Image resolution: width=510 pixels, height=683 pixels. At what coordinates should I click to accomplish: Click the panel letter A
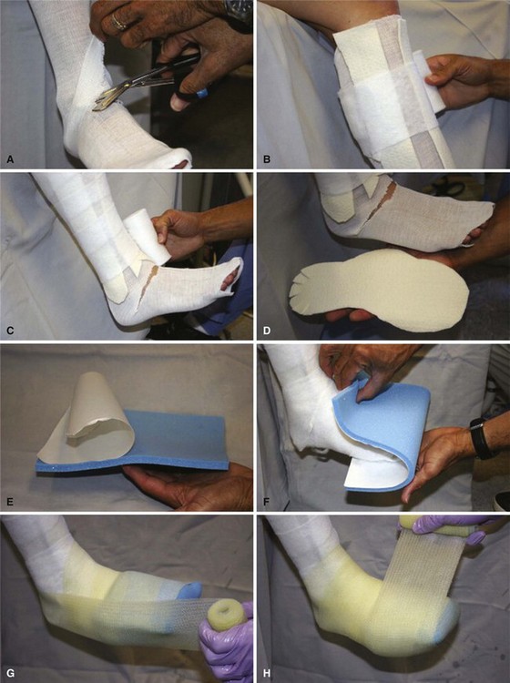pos(11,159)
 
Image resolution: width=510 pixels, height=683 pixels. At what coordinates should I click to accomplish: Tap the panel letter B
pos(268,159)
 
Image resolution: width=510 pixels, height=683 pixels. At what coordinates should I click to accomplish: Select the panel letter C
pos(11,331)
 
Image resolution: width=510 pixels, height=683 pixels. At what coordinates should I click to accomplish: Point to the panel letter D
pos(268,331)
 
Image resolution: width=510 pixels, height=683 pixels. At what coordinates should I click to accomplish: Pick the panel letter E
pos(11,502)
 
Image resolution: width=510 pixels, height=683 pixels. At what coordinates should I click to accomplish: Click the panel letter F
pos(268,502)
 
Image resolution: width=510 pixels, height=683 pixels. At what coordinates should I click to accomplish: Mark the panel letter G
pos(11,673)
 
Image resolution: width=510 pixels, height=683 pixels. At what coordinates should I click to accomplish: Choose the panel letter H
pos(268,673)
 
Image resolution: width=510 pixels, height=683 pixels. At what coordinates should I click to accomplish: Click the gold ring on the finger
pos(118,21)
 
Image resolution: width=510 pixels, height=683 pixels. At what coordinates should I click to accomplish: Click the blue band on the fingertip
pos(200,94)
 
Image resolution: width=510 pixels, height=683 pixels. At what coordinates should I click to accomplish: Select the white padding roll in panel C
pos(144,240)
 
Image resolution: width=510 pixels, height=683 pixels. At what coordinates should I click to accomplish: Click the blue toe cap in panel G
pos(189,589)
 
